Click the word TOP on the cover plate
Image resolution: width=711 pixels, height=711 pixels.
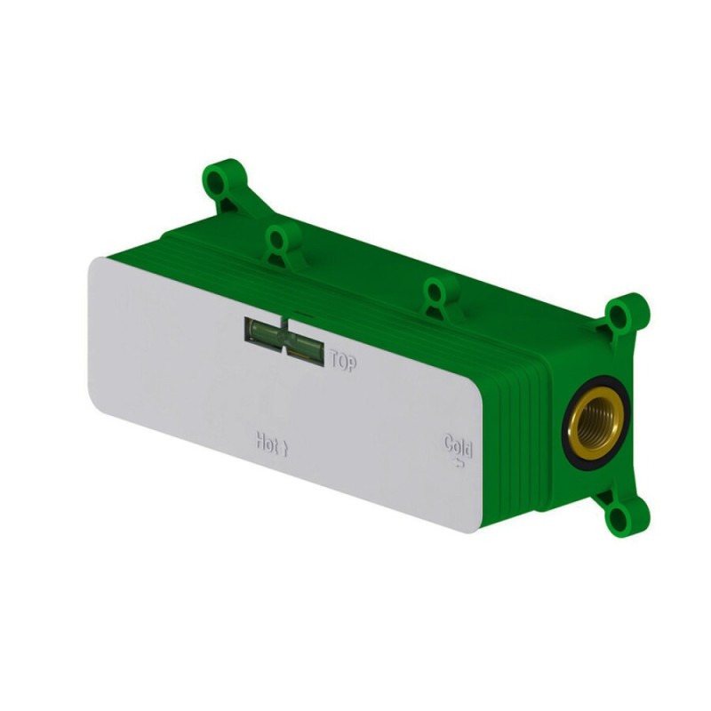[x=343, y=362]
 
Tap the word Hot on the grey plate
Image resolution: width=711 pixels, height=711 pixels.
[x=267, y=443]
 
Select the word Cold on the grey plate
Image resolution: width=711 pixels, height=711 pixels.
[x=459, y=446]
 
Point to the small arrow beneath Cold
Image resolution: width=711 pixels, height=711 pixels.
[x=459, y=462]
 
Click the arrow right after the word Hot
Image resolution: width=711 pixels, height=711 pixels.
[x=284, y=449]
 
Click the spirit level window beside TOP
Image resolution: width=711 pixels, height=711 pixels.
[x=284, y=336]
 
